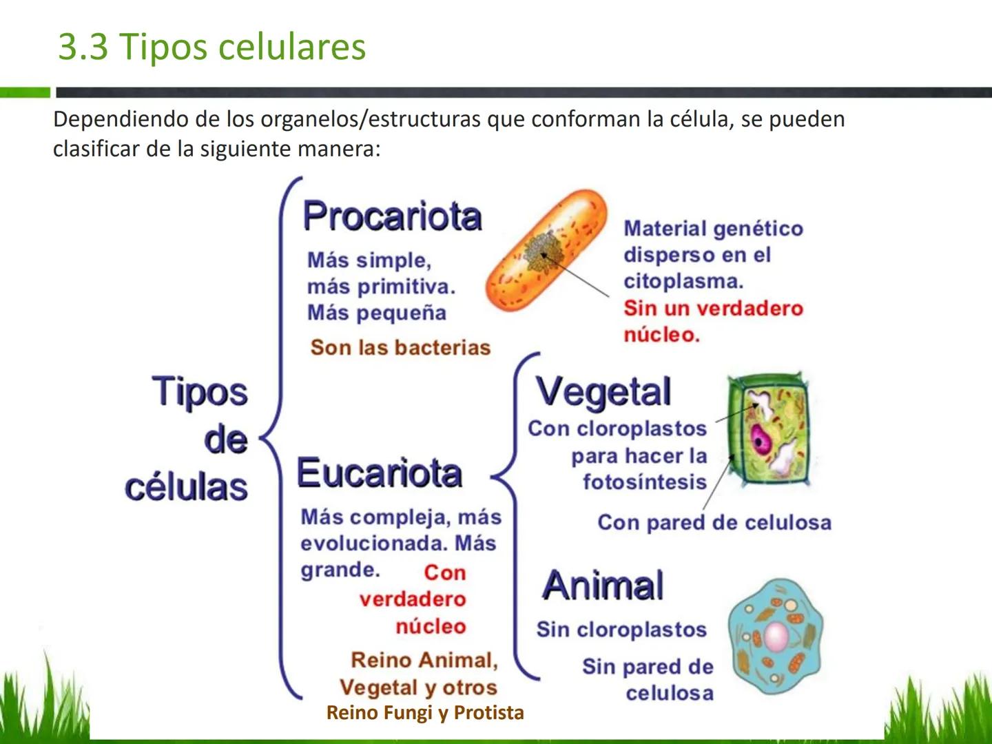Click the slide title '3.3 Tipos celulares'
(x=211, y=47)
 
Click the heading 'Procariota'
(x=392, y=216)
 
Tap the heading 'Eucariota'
(x=379, y=473)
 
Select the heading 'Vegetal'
(x=603, y=392)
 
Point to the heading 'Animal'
(x=603, y=586)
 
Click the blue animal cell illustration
(x=776, y=637)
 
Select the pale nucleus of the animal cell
(x=776, y=637)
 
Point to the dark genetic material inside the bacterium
(x=543, y=252)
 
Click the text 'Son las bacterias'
(x=400, y=347)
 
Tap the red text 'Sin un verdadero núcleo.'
(x=713, y=322)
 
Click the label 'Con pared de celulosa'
(x=714, y=523)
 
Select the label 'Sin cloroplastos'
(x=621, y=630)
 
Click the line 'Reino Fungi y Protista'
(x=425, y=712)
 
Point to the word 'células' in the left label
(x=186, y=487)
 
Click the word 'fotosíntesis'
(x=645, y=482)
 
